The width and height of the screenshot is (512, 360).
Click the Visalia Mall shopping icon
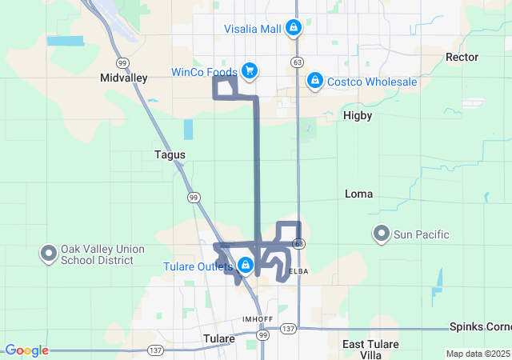pyautogui.click(x=294, y=29)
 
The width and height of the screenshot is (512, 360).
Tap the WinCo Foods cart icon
pyautogui.click(x=250, y=71)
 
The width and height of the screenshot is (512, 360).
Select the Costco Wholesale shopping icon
pyautogui.click(x=315, y=81)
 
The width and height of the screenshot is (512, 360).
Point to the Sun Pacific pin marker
pyautogui.click(x=382, y=234)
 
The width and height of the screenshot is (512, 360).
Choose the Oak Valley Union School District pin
pyautogui.click(x=48, y=254)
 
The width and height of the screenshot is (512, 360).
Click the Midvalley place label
pyautogui.click(x=123, y=78)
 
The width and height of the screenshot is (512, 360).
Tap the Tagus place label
pyautogui.click(x=170, y=154)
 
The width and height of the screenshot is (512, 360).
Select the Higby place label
pyautogui.click(x=358, y=115)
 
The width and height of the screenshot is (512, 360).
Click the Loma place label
pyautogui.click(x=358, y=194)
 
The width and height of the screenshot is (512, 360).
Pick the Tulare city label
pyautogui.click(x=218, y=338)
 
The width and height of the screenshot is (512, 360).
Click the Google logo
pyautogui.click(x=26, y=350)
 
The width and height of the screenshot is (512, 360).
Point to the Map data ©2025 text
pyautogui.click(x=477, y=354)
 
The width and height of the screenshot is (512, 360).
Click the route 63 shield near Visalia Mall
pyautogui.click(x=297, y=62)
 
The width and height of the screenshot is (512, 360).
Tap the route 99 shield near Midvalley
pyautogui.click(x=122, y=62)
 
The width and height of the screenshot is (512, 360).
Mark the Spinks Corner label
pyautogui.click(x=481, y=328)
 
